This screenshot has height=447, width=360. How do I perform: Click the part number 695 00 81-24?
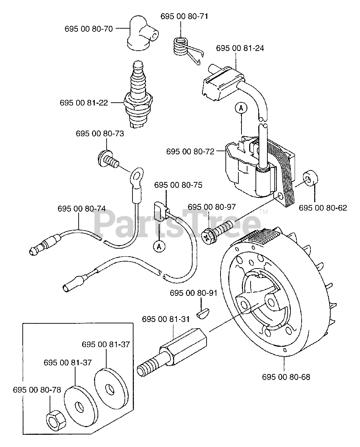[240, 48]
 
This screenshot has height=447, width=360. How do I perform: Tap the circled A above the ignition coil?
[241, 109]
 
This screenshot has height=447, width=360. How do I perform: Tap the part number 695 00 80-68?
[286, 377]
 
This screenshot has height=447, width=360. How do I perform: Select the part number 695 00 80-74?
[81, 208]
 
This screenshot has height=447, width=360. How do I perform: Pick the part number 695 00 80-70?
[89, 29]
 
